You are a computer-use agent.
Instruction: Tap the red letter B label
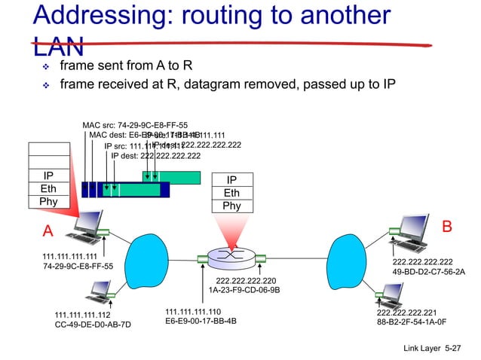(x=446, y=226)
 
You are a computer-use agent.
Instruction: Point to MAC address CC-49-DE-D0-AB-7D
(x=93, y=325)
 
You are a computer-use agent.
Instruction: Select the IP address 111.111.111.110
(x=193, y=311)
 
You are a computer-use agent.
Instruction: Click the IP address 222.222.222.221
(x=407, y=311)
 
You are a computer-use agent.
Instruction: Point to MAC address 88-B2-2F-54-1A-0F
(x=412, y=321)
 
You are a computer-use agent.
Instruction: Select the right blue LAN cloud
(x=351, y=260)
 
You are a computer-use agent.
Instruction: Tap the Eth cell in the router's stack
(x=231, y=194)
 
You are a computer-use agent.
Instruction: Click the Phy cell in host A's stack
(x=42, y=202)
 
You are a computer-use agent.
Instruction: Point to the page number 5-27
(x=455, y=348)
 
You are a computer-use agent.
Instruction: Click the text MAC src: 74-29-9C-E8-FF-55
(x=136, y=125)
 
